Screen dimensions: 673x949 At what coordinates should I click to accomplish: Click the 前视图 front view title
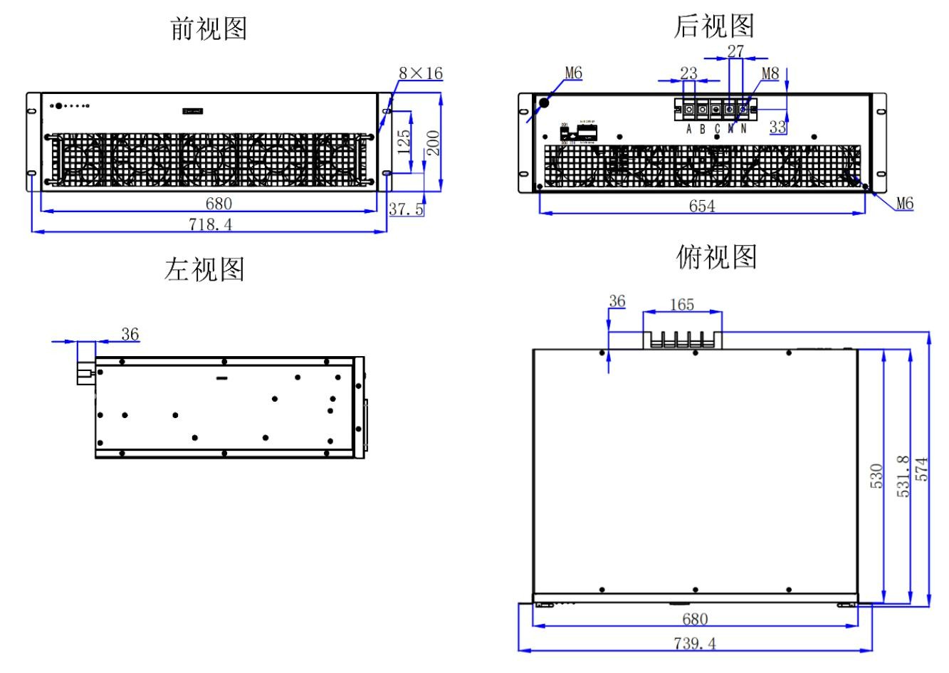coord(209,29)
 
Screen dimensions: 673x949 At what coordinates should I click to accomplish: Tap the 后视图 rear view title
coord(713,26)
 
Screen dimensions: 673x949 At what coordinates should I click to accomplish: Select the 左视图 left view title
coord(204,269)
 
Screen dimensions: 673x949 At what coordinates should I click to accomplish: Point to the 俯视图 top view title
coord(715,257)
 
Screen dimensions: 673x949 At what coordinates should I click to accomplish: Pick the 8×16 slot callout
coord(420,73)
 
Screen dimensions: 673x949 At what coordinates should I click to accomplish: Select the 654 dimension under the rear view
coord(702,206)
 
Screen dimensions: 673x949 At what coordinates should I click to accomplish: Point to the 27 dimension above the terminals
coord(735,51)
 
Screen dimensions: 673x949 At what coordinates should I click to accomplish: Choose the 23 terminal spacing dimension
coord(688,73)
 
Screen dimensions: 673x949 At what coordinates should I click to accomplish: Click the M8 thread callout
coord(771,73)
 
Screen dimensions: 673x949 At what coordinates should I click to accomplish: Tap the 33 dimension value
coord(778,127)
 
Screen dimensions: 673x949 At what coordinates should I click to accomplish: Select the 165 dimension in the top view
coord(682,305)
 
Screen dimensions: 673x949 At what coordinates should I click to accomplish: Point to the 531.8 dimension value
coord(903,476)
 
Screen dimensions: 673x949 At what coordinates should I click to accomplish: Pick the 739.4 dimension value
coord(696,644)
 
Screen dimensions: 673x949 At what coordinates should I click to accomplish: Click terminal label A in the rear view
coord(689,130)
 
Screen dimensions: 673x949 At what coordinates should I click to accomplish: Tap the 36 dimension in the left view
coord(130,334)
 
